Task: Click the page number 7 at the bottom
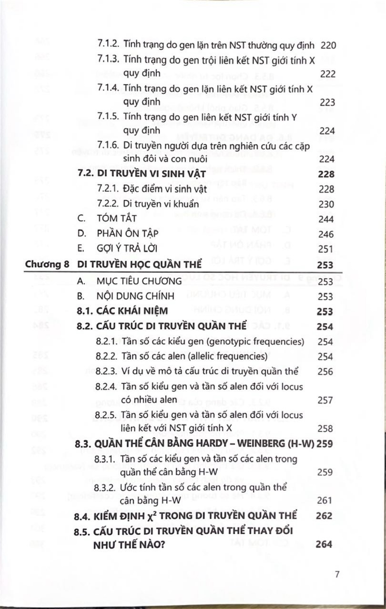point(336,574)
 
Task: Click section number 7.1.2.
point(108,45)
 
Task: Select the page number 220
point(328,46)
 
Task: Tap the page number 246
point(326,234)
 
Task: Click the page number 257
point(325,400)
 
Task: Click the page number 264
point(324,544)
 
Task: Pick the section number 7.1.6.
point(108,145)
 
